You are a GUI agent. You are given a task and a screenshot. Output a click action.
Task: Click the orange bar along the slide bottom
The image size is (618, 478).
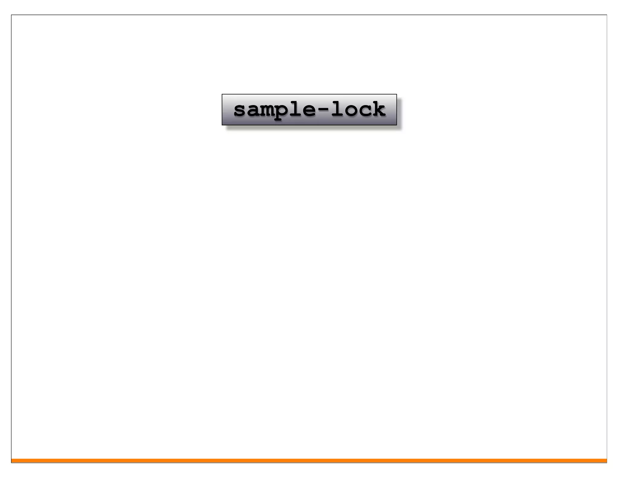(x=309, y=460)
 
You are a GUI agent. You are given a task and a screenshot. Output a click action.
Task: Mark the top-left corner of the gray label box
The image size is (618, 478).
(x=222, y=94)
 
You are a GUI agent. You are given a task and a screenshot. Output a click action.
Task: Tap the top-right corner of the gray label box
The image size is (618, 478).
(x=397, y=94)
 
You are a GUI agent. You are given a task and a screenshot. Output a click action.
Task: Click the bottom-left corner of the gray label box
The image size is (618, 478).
(x=222, y=125)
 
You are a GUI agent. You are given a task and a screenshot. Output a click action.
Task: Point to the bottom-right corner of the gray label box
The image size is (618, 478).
(x=397, y=125)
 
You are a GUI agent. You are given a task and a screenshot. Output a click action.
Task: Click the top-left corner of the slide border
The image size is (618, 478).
(x=11, y=15)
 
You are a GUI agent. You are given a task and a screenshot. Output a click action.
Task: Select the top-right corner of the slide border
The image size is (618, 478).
(x=607, y=15)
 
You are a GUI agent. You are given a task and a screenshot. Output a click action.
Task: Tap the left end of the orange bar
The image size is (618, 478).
(x=12, y=460)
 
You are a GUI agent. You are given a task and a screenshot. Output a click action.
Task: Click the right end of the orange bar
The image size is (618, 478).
(x=606, y=460)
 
